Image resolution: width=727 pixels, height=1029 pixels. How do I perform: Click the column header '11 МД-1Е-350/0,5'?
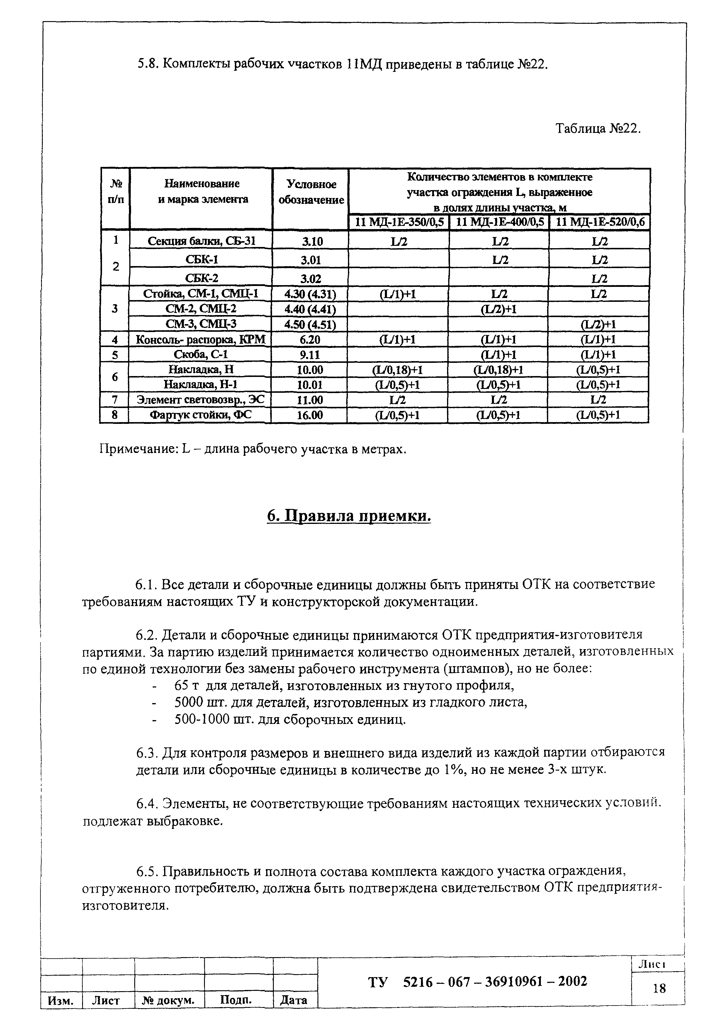point(399,222)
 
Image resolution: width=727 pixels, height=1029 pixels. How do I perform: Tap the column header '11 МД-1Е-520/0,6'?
point(599,222)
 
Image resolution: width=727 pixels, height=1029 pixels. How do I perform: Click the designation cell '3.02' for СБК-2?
point(311,278)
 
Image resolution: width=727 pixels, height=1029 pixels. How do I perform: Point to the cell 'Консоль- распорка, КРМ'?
point(201,340)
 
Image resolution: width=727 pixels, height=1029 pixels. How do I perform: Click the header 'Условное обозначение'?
point(311,192)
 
